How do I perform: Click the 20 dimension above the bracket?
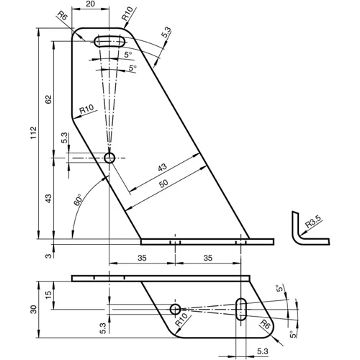[90, 5]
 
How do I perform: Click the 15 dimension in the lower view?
[48, 295]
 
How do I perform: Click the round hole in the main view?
[109, 158]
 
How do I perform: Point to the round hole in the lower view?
[175, 309]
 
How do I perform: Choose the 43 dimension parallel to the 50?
[161, 167]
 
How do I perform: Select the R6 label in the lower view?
[265, 325]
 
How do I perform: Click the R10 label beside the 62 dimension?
[86, 109]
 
